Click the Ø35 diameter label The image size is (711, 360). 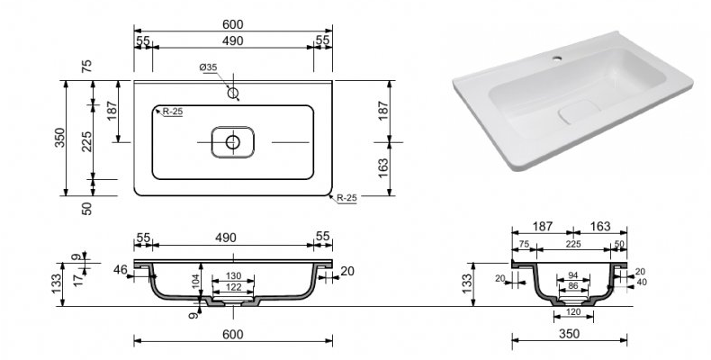[x=208, y=67]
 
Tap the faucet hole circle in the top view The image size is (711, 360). [x=233, y=94]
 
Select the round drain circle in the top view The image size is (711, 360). [x=233, y=142]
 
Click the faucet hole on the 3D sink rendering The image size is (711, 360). [x=556, y=58]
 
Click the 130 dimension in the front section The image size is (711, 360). [x=233, y=276]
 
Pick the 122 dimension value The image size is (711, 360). [x=233, y=287]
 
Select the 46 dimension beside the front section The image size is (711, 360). [x=121, y=270]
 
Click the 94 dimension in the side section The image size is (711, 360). [x=573, y=275]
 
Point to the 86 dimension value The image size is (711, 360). [x=573, y=285]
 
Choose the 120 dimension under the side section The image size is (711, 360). [x=573, y=312]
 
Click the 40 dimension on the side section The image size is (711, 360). [x=642, y=283]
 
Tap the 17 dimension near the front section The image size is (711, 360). [x=79, y=280]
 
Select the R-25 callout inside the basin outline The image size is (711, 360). [x=172, y=112]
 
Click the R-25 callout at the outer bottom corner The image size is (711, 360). [x=346, y=198]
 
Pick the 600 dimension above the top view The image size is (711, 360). [x=233, y=24]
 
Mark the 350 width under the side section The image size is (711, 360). [x=569, y=334]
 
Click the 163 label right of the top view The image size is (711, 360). [x=383, y=168]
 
